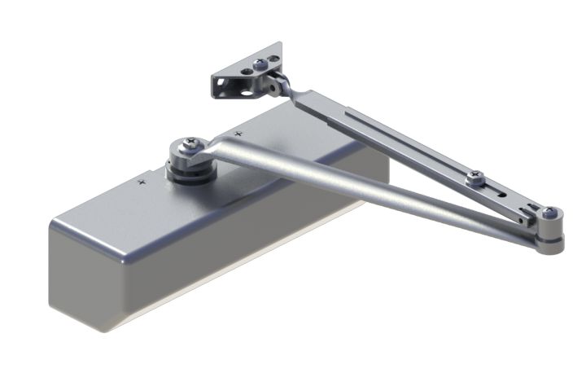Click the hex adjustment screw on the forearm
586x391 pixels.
point(475,176)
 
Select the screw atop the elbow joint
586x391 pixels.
point(551,213)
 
